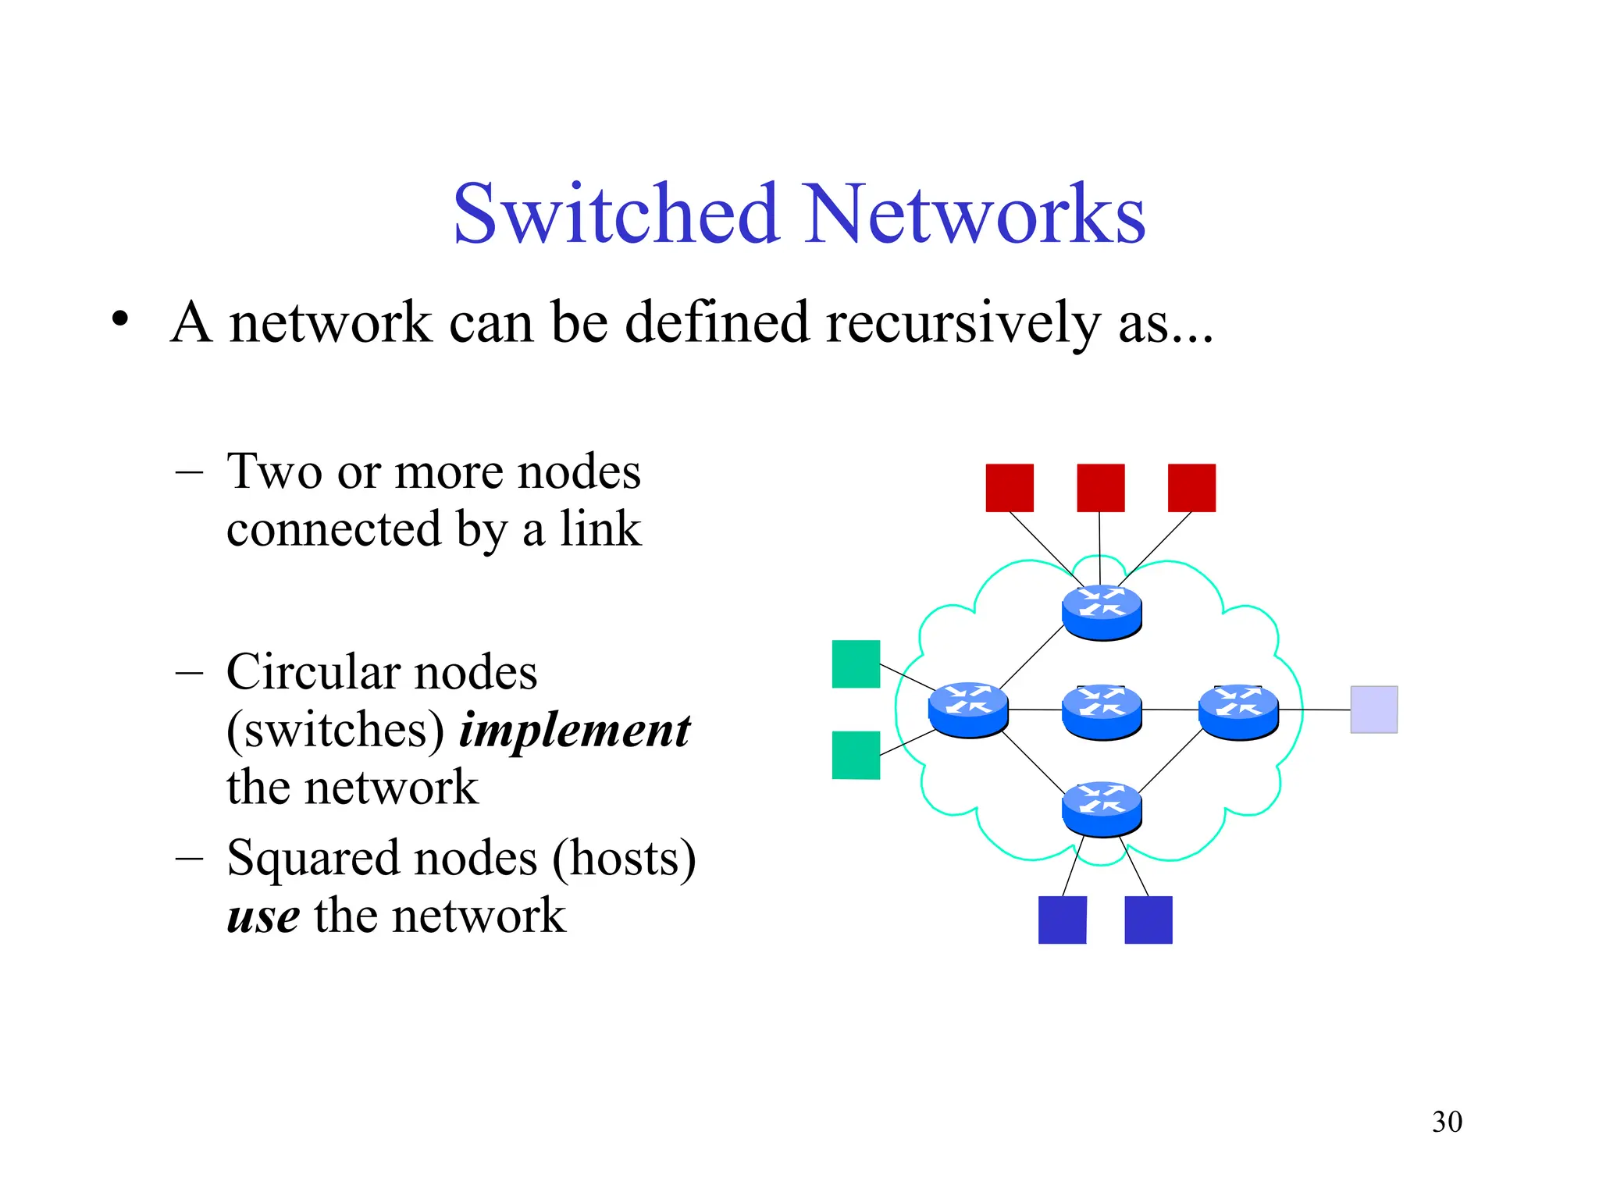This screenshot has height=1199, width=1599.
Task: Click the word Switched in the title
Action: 617,214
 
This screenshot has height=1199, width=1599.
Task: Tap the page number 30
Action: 1447,1122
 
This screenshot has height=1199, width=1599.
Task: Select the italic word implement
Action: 575,731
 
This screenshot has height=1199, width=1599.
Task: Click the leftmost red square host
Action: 1010,488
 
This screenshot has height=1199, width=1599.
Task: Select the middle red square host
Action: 1100,488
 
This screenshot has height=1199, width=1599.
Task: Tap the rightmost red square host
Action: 1191,488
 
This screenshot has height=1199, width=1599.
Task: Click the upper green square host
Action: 856,664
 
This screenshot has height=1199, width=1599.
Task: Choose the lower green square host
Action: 856,755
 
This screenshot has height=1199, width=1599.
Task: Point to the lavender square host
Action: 1373,710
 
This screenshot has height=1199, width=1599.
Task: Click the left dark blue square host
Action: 1062,920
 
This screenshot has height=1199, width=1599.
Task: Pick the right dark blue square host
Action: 1148,920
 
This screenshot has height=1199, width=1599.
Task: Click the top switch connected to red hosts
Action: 1102,612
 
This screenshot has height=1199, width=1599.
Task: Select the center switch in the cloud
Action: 1102,711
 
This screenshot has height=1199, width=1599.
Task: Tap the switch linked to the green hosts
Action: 968,710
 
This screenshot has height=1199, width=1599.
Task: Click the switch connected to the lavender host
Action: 1238,711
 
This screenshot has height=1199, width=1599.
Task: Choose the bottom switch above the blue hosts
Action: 1102,809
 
